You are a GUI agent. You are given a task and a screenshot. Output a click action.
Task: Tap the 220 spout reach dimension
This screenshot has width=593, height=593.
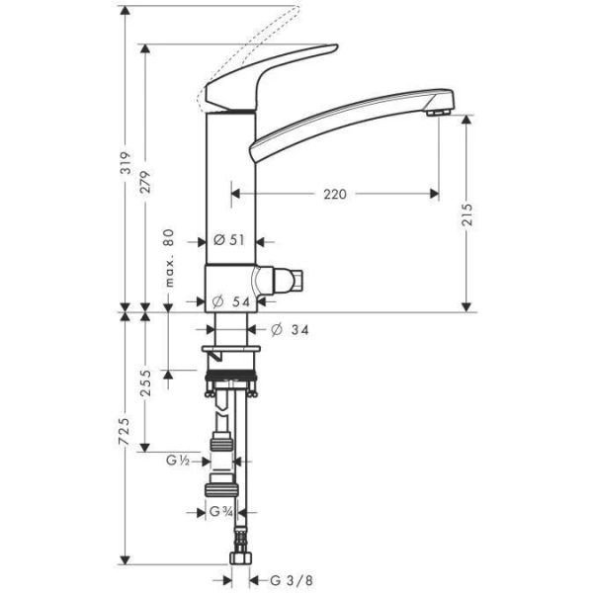pos(334,195)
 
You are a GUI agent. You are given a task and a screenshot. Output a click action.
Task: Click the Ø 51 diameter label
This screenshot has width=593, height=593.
pos(229,239)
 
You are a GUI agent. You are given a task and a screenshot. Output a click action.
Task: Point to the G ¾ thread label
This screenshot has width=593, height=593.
pos(221,512)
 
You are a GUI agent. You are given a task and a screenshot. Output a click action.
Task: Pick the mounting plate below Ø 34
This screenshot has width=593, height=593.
pos(232,351)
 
